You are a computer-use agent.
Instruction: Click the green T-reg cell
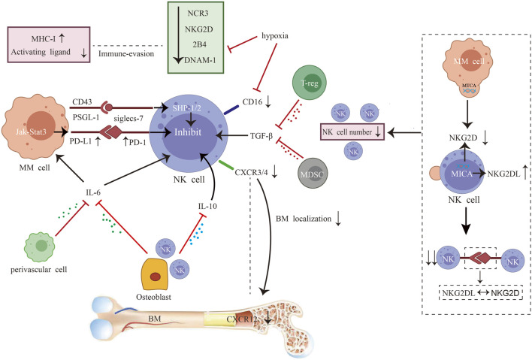click(x=309, y=83)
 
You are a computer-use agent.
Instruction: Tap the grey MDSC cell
click(x=312, y=174)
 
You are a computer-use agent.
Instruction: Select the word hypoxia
click(x=275, y=36)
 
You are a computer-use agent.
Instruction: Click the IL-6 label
click(x=93, y=192)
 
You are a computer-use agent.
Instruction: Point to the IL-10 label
click(x=207, y=206)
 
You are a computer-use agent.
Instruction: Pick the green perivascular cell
click(x=40, y=247)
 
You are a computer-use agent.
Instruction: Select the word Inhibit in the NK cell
click(x=188, y=132)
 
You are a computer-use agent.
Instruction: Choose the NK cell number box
click(x=352, y=132)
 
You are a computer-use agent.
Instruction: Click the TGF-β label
click(x=261, y=136)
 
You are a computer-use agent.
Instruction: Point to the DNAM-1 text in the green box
click(x=200, y=60)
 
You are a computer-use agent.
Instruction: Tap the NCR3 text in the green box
click(x=198, y=14)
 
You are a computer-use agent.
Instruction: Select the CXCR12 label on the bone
click(x=241, y=319)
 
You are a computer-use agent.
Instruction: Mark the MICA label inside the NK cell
click(x=462, y=174)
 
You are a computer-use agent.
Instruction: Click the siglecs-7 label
click(x=128, y=119)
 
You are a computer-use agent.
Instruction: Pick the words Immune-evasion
click(x=126, y=53)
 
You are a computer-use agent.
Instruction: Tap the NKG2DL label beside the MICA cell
click(x=503, y=174)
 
